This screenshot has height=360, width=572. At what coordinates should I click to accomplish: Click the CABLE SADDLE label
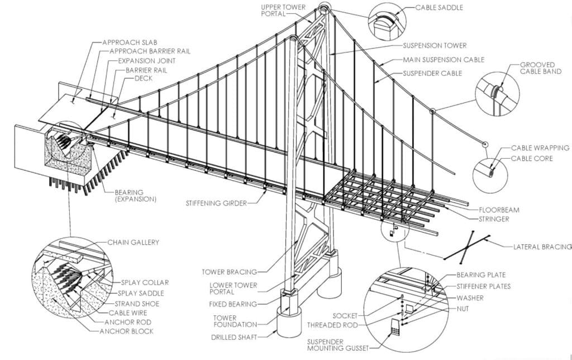(x=439, y=8)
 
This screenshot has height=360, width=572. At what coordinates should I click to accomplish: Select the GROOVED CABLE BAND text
(x=541, y=68)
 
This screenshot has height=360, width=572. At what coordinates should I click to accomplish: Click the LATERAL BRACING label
(x=542, y=247)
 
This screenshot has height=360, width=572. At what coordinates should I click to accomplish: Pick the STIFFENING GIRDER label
(x=216, y=203)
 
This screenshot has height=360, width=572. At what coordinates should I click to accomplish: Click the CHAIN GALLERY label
(x=134, y=242)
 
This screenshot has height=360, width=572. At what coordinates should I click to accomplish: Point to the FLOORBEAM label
(x=499, y=210)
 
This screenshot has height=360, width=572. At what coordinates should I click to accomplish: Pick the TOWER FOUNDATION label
(x=237, y=320)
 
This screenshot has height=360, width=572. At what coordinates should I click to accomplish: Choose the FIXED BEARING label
(x=233, y=305)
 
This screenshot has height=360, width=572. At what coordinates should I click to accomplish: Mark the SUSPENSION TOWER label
(x=435, y=45)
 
